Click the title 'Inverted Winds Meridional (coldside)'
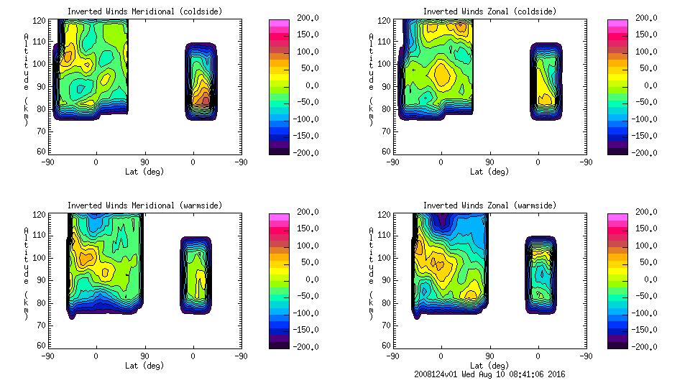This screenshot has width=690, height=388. pos(144,11)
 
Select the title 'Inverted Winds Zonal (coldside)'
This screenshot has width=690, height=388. pos(489,11)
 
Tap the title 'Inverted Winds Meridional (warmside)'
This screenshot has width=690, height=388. pos(144,205)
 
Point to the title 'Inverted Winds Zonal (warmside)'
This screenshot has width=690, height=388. pos(489,205)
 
